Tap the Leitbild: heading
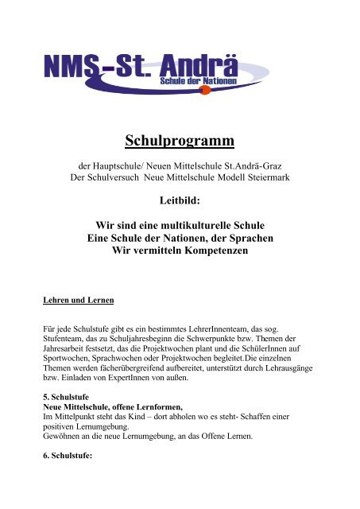pos(180,203)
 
